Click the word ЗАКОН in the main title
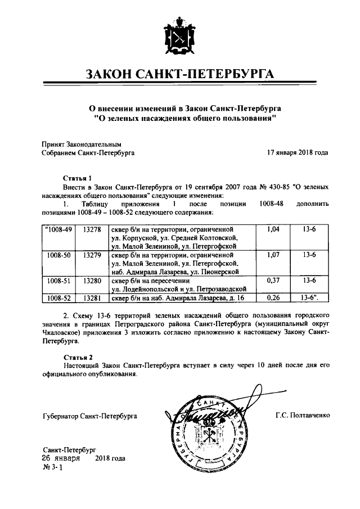click(x=110, y=74)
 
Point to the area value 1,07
click(x=272, y=255)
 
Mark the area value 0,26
click(x=272, y=298)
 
